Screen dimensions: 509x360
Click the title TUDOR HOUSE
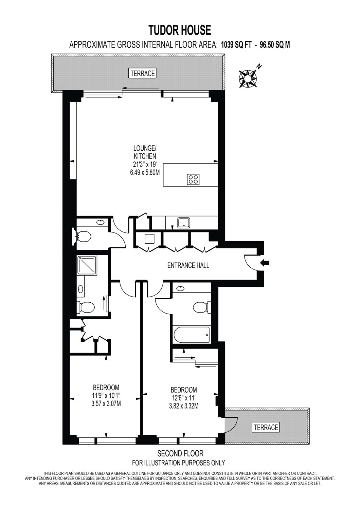click(180, 30)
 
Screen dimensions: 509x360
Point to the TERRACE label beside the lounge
click(143, 73)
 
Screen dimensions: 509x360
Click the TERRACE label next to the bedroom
click(265, 427)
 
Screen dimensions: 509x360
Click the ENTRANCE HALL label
click(188, 265)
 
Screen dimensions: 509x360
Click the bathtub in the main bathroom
click(191, 335)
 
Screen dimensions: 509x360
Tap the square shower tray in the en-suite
click(87, 265)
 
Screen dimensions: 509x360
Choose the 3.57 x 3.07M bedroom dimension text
click(106, 404)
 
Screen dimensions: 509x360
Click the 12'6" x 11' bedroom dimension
click(184, 397)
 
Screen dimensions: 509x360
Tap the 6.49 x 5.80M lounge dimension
click(144, 172)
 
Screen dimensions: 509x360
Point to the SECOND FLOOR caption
click(180, 453)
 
